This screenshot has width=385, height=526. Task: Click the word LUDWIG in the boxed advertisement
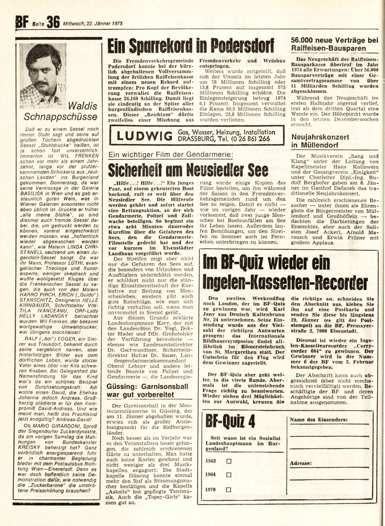pyautogui.click(x=144, y=136)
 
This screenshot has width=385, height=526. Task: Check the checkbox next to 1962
pyautogui.click(x=229, y=461)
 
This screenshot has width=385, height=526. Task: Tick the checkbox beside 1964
pyautogui.click(x=229, y=475)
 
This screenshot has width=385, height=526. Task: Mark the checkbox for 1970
pyautogui.click(x=229, y=489)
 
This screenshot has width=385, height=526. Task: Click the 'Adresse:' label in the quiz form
pyautogui.click(x=301, y=463)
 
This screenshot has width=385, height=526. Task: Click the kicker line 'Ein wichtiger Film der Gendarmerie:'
pyautogui.click(x=171, y=155)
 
